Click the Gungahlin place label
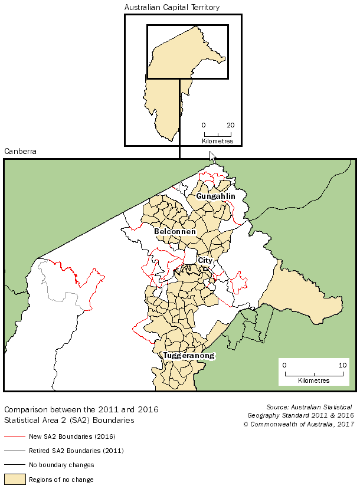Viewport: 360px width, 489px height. [x=216, y=196]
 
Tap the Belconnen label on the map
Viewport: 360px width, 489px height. [x=175, y=232]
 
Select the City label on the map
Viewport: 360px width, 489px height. [x=205, y=260]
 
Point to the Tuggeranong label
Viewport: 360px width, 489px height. [x=188, y=356]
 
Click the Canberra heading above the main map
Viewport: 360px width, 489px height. [x=20, y=152]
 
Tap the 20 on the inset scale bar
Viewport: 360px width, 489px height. [x=231, y=126]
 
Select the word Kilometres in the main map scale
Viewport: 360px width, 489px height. [x=314, y=381]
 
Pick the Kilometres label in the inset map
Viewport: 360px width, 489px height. [x=218, y=141]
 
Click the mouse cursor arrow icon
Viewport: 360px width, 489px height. [x=212, y=157]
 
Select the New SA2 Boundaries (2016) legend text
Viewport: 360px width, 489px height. [x=71, y=437]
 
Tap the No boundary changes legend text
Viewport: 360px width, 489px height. [x=61, y=465]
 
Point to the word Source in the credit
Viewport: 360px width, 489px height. [x=279, y=407]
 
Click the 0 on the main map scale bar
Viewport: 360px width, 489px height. [x=284, y=366]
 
